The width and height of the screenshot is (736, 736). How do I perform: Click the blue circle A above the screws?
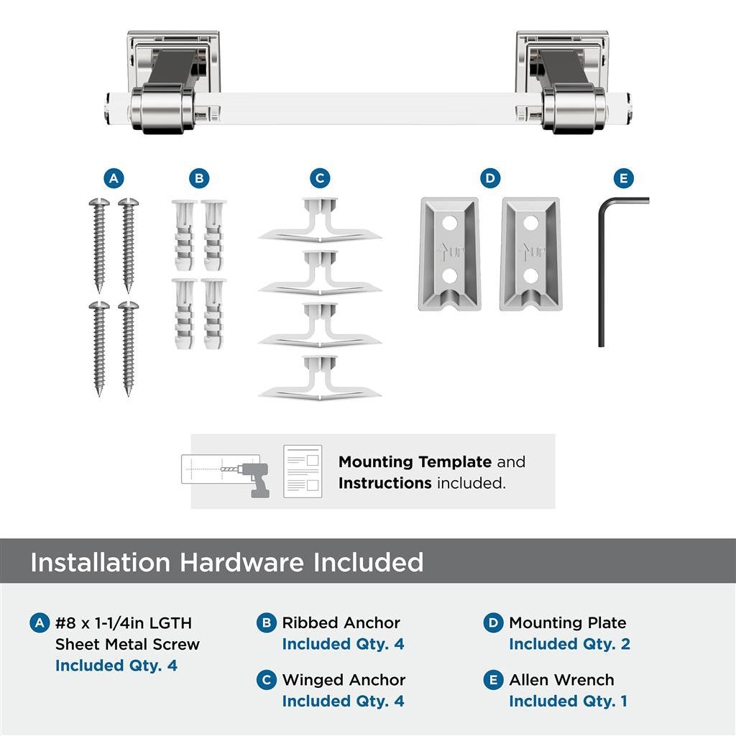point(113,178)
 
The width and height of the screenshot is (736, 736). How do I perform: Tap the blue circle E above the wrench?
point(622,178)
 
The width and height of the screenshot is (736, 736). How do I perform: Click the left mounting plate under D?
point(448,254)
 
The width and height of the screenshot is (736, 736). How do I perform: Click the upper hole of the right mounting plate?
point(530,224)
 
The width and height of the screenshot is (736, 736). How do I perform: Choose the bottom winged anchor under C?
point(320,378)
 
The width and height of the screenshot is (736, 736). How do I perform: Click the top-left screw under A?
point(99,244)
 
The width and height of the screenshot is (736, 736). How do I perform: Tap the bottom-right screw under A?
point(129,348)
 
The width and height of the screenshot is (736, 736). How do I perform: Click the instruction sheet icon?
point(303,471)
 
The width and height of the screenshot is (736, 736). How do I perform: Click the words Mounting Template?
point(415,461)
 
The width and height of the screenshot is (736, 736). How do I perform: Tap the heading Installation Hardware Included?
point(226,561)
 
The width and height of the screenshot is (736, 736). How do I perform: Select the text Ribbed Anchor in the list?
point(341,622)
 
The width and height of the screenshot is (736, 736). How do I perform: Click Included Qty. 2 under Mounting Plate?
point(569,644)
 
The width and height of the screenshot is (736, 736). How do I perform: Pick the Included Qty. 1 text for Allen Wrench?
point(568,701)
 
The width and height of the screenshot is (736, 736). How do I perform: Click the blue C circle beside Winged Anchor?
point(267,680)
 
